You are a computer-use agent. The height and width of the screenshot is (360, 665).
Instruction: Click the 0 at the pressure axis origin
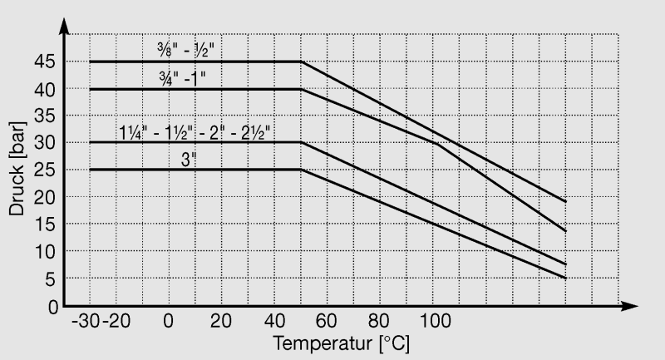pos(53,307)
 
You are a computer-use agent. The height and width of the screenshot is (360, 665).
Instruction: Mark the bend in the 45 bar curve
pos(300,62)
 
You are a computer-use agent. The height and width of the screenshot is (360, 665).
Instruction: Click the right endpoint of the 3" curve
pos(565,279)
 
